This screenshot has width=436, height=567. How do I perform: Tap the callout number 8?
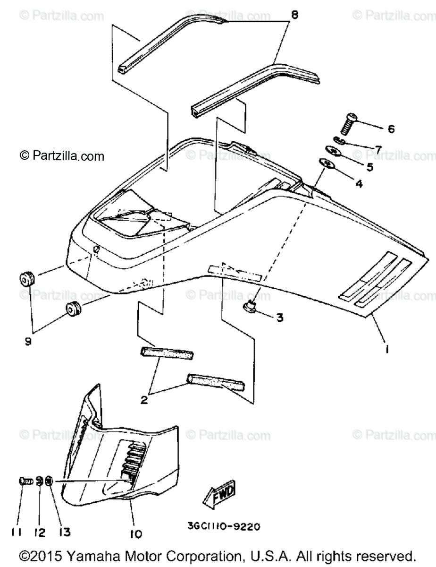coord(294,15)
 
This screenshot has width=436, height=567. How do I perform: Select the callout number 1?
coord(386,350)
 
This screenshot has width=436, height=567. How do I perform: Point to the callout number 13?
coord(65,533)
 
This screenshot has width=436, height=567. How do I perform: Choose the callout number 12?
coord(40,533)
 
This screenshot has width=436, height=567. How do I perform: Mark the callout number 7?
coord(378,148)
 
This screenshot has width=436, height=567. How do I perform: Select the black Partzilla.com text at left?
coord(61,155)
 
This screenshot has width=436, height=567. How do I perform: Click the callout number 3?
coord(280,318)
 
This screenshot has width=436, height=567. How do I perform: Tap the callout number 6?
coord(391,129)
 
